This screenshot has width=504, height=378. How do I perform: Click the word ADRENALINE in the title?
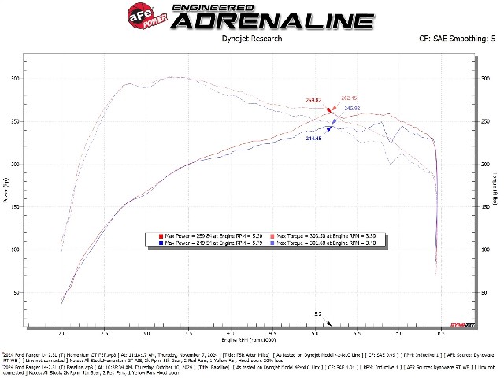click(271, 20)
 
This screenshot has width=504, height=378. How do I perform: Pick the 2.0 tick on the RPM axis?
click(61, 334)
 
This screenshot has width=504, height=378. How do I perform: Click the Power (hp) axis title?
click(6, 189)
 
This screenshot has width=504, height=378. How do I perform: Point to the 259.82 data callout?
click(314, 100)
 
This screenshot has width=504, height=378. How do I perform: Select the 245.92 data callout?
click(351, 108)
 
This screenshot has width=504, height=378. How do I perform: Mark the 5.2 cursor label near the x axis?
click(318, 313)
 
